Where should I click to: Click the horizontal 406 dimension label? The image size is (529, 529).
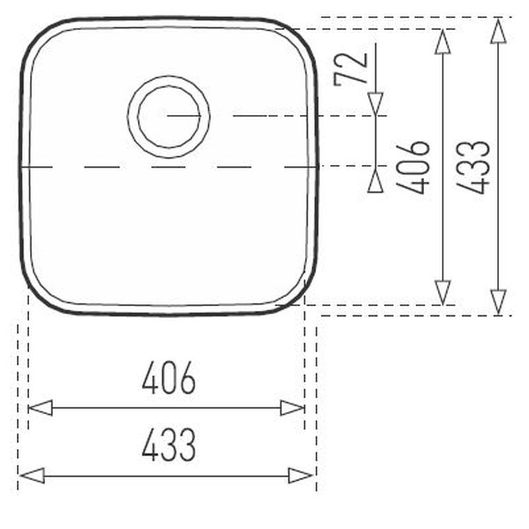pyautogui.click(x=168, y=377)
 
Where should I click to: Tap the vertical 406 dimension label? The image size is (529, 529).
pyautogui.click(x=413, y=167)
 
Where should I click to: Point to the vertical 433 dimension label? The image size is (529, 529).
pyautogui.click(x=473, y=167)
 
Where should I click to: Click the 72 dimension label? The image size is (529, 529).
pyautogui.click(x=350, y=69)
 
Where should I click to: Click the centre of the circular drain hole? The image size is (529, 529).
pyautogui.click(x=168, y=116)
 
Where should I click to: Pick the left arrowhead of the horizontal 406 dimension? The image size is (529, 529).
pyautogui.click(x=40, y=408)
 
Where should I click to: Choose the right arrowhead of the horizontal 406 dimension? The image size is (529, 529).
pyautogui.click(x=292, y=408)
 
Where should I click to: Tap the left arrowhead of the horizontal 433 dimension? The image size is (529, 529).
pyautogui.click(x=32, y=475)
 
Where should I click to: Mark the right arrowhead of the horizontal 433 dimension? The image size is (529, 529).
pyautogui.click(x=301, y=475)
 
